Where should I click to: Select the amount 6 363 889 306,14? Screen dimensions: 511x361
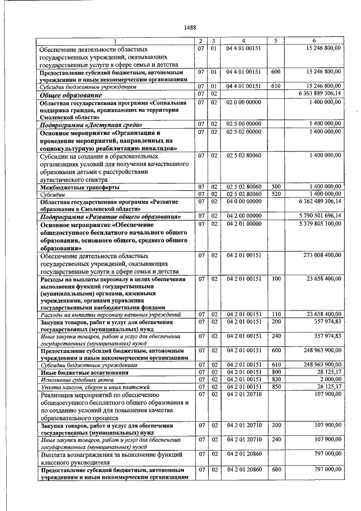[x=318, y=93]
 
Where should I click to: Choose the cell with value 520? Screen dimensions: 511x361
[x=276, y=193]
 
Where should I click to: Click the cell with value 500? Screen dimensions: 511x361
[x=276, y=186]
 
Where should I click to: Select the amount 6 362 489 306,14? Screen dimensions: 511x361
[x=318, y=200]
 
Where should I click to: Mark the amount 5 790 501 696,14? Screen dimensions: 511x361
[x=318, y=216]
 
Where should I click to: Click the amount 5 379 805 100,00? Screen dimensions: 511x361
[x=318, y=224]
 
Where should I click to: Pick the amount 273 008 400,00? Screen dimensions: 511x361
[x=319, y=255]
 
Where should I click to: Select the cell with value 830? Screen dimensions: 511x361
[x=276, y=379]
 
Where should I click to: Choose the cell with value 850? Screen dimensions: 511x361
[x=276, y=387]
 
